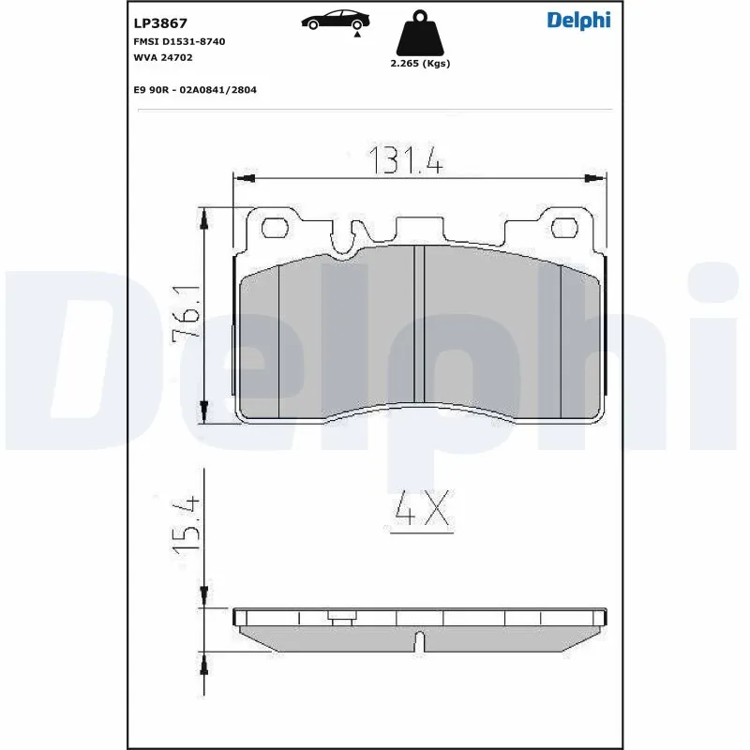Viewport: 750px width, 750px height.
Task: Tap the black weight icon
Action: (419, 34)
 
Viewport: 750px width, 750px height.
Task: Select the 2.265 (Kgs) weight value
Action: (420, 64)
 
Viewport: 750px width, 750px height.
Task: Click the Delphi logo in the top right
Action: (578, 21)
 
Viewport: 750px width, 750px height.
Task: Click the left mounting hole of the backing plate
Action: (275, 227)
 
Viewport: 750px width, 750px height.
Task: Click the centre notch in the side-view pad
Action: (420, 643)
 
